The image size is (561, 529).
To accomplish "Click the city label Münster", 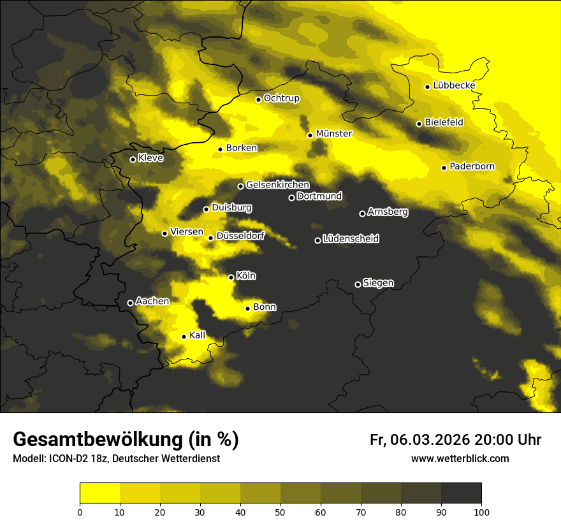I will pyautogui.click(x=334, y=134).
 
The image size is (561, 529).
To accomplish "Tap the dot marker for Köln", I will pyautogui.click(x=231, y=277).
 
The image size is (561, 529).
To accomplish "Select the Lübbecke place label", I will pyautogui.click(x=454, y=85).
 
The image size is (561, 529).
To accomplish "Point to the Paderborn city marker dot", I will pyautogui.click(x=444, y=168).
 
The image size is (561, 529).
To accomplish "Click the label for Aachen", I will pyautogui.click(x=152, y=301).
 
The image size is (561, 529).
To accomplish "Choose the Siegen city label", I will pyautogui.click(x=378, y=283).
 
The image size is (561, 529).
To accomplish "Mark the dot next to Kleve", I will pyautogui.click(x=133, y=159).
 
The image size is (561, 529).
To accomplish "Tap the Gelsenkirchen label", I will pyautogui.click(x=277, y=185).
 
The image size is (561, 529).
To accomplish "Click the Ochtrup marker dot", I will pyautogui.click(x=258, y=99).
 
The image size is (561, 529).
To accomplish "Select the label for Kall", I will pyautogui.click(x=198, y=335).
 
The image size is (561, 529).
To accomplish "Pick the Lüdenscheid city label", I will pyautogui.click(x=351, y=239).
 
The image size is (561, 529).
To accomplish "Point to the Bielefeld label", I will pyautogui.click(x=444, y=122).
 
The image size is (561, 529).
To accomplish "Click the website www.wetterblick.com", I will pyautogui.click(x=460, y=458).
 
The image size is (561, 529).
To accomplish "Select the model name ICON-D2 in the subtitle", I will pyautogui.click(x=73, y=459).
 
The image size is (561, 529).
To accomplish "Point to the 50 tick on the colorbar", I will pyautogui.click(x=280, y=511).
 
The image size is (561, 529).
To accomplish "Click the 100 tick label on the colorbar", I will pyautogui.click(x=481, y=511).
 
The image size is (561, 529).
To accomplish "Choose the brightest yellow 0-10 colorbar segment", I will pyautogui.click(x=99, y=493).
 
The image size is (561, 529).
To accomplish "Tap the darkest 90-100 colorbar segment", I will pyautogui.click(x=461, y=493).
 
